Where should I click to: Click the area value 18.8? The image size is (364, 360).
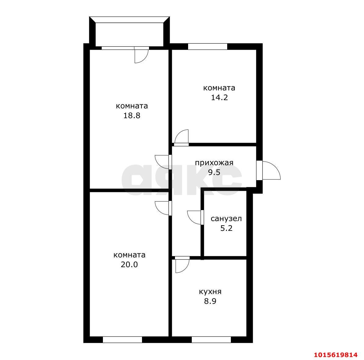[132, 115]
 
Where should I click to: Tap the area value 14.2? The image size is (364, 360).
[219, 97]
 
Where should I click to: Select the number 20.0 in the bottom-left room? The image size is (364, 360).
[129, 264]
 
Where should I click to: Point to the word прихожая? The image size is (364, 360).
[214, 163]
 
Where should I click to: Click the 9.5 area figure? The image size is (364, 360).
[214, 173]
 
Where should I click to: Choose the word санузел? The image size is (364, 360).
[226, 219]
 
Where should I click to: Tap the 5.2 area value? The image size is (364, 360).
[226, 228]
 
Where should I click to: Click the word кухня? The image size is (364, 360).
[210, 292]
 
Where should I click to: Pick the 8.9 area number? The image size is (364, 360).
[210, 301]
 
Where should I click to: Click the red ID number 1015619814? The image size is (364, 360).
[336, 355]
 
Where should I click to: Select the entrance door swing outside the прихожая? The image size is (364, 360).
[269, 170]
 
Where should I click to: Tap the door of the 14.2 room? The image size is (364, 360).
[181, 137]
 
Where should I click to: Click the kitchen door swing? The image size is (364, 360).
[183, 265]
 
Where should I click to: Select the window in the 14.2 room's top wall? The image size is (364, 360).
[208, 46]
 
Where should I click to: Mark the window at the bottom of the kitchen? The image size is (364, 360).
[211, 340]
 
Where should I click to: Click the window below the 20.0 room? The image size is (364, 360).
[122, 340]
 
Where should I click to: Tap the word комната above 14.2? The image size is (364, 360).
[219, 88]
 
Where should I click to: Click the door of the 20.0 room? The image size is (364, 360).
[163, 208]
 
